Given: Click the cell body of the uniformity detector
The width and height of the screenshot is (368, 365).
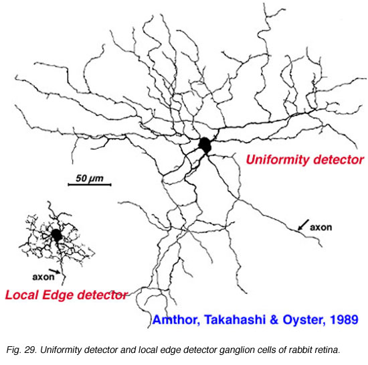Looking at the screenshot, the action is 205,145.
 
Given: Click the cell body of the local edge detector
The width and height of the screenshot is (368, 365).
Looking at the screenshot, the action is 57,235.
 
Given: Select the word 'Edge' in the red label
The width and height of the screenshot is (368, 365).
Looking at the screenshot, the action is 58,295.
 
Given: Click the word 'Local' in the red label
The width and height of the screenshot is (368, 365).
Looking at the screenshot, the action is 22,295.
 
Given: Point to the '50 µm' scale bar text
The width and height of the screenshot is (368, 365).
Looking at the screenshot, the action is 90,178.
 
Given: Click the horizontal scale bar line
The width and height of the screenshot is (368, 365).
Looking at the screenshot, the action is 90,185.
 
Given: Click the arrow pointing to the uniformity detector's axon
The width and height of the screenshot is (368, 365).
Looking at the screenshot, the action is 303,225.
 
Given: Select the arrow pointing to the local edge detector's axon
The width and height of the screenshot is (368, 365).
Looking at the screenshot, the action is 54,271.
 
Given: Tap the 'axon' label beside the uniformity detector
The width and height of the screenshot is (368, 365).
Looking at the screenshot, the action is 320,227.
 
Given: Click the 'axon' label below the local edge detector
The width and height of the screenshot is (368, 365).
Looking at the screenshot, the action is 43,277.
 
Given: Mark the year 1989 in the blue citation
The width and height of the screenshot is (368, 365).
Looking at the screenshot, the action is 344,319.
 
